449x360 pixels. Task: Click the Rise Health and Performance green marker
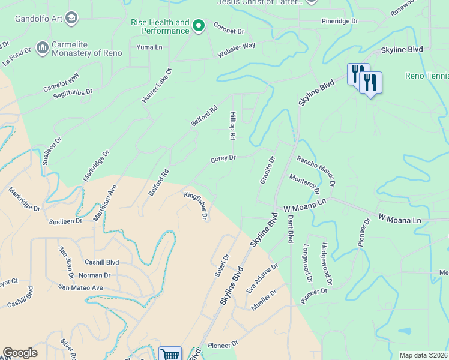tap(199, 26)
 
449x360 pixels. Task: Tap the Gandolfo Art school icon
tap(71, 19)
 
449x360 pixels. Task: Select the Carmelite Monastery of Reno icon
tap(42, 47)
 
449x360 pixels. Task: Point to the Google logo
tap(20, 353)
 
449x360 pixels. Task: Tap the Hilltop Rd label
tap(232, 125)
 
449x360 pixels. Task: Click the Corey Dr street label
tap(223, 159)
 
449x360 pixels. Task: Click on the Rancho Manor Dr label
tap(316, 171)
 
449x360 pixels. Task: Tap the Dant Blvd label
tap(289, 228)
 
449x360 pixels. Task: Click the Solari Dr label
tap(222, 265)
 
